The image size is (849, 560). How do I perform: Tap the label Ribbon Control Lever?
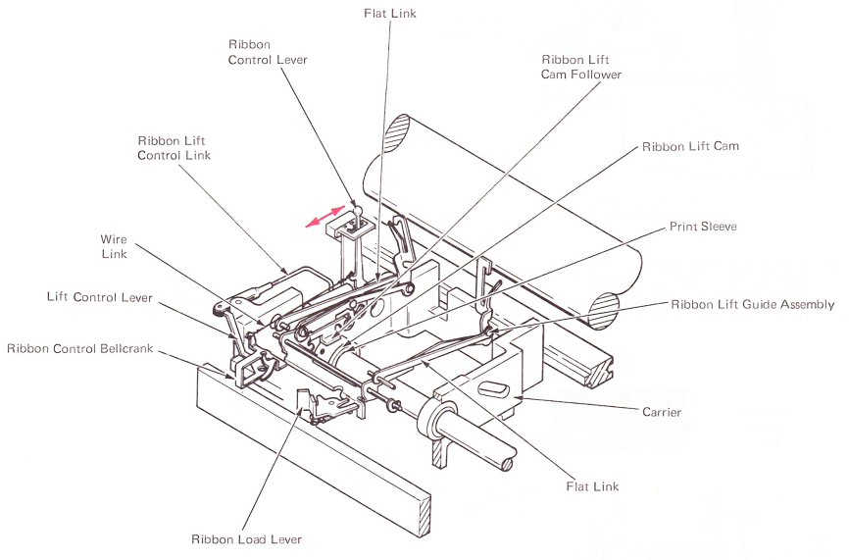point(268,52)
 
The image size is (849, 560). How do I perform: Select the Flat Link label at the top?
point(389,14)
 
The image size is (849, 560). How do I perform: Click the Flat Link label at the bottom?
point(593,485)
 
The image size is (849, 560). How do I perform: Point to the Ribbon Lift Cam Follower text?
point(581,67)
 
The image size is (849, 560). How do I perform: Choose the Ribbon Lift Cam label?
point(690,146)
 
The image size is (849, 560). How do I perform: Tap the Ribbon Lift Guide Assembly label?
point(753,305)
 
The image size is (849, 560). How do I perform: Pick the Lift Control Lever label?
point(100,296)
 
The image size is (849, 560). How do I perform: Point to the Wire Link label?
point(115,247)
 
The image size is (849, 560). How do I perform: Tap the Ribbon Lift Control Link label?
point(174,148)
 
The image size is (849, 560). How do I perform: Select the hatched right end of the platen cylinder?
point(602,305)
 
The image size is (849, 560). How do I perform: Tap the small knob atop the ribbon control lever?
point(358,207)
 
